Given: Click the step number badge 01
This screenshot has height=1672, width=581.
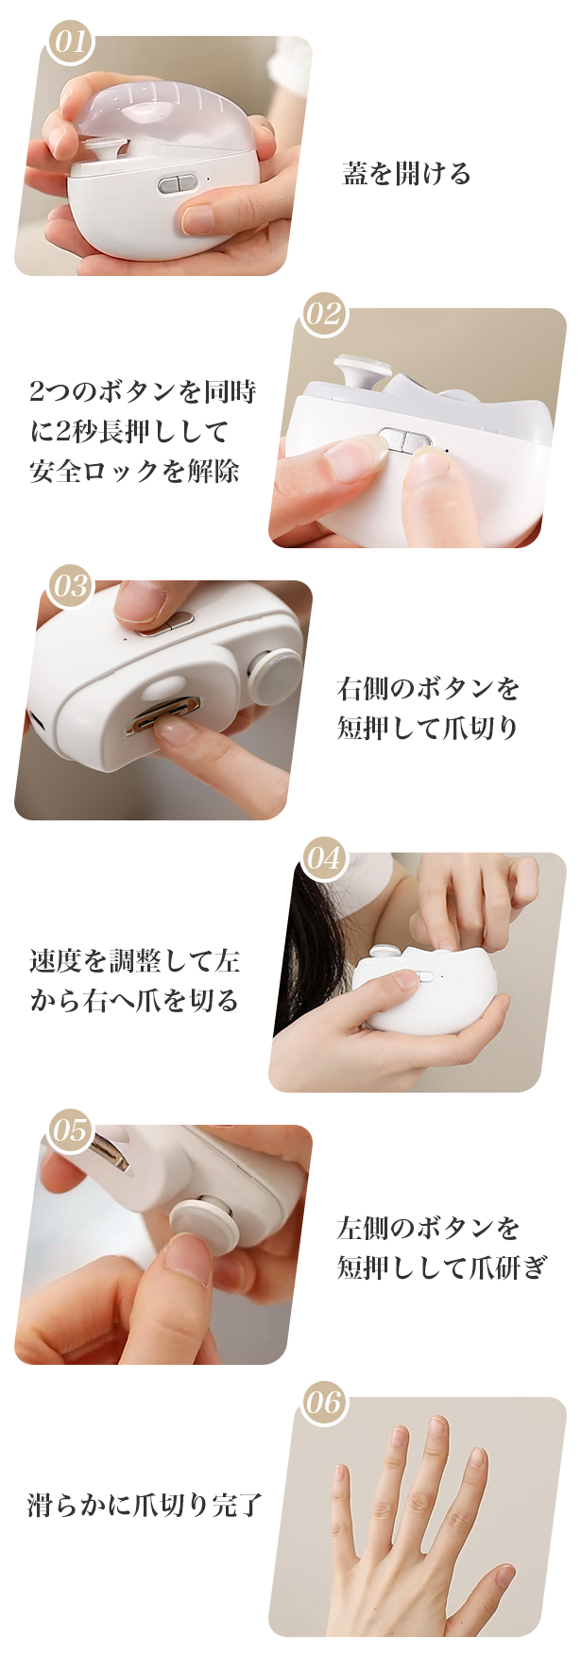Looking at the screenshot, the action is point(71,43).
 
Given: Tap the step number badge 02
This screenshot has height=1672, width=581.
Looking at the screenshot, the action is point(324,314).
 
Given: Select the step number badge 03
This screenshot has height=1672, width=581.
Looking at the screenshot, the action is point(71,586).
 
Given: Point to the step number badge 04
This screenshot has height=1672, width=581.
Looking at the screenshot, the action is point(324,858).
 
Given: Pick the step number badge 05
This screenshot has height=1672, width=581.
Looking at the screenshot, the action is point(71,1130).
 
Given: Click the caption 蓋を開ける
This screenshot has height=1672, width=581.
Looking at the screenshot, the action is point(406,174).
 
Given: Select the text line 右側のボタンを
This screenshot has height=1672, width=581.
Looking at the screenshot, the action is point(428,688).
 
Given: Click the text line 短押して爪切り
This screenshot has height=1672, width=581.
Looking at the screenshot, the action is point(428,728).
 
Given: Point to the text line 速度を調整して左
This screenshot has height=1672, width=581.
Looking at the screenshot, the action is point(135,961).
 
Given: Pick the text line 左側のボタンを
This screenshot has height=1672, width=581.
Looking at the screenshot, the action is point(428,1228).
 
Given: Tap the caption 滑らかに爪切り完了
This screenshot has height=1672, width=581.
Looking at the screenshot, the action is point(145,1505).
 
